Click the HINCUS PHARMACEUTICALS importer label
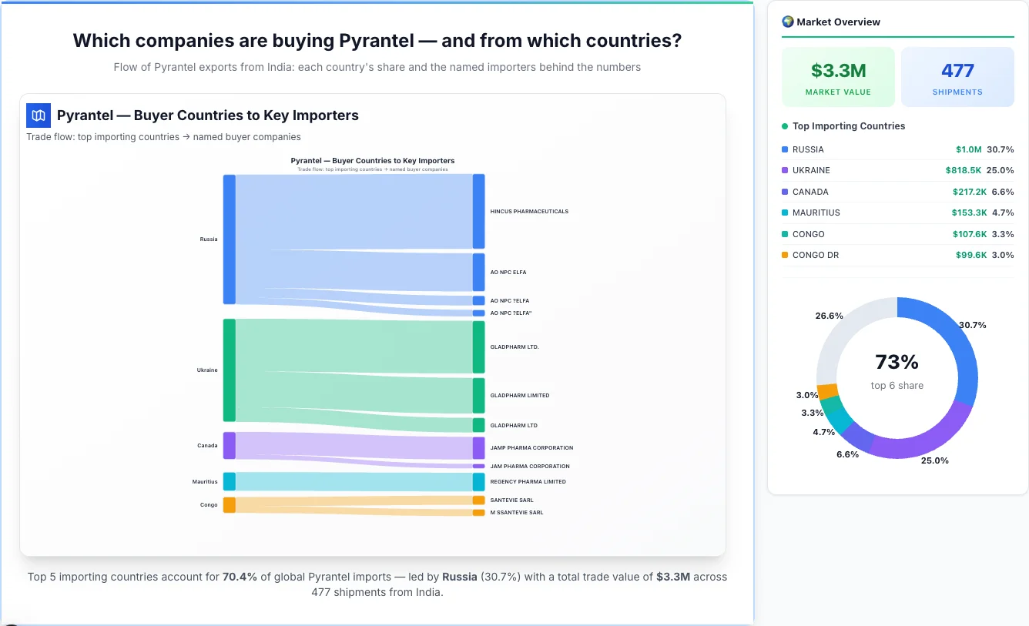pyautogui.click(x=529, y=211)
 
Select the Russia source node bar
pyautogui.click(x=229, y=239)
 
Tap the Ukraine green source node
pyautogui.click(x=229, y=370)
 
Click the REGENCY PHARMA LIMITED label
pyautogui.click(x=528, y=482)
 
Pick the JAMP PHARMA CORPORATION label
pyautogui.click(x=531, y=448)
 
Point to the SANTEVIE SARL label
pyautogui.click(x=511, y=500)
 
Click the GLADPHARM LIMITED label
pyautogui.click(x=520, y=396)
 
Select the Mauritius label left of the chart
pyautogui.click(x=205, y=482)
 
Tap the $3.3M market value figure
pyautogui.click(x=838, y=71)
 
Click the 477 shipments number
pyautogui.click(x=957, y=71)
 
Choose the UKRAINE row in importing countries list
pyautogui.click(x=897, y=170)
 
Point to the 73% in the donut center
pyautogui.click(x=897, y=362)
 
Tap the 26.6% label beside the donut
pyautogui.click(x=829, y=316)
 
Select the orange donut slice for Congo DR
pyautogui.click(x=827, y=391)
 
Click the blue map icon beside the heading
pyautogui.click(x=39, y=115)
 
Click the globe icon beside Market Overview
pyautogui.click(x=787, y=22)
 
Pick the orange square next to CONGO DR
pyautogui.click(x=785, y=255)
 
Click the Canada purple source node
pyautogui.click(x=229, y=445)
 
